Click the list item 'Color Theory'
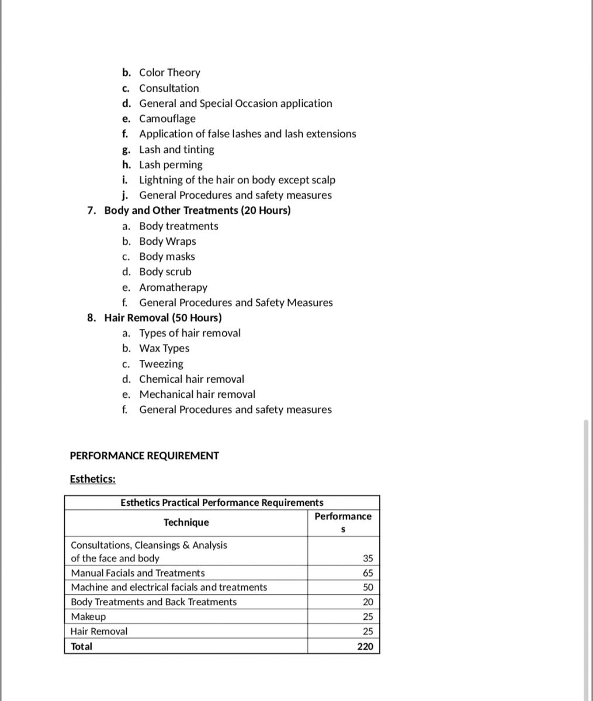(169, 72)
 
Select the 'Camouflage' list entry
(167, 119)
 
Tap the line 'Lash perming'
(171, 165)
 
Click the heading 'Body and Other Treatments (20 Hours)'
(197, 210)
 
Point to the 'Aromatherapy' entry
(173, 287)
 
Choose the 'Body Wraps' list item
(167, 241)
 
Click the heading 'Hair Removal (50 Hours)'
(162, 318)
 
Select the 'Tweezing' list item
(161, 364)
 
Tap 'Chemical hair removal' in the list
(192, 379)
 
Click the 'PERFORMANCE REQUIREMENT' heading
(144, 456)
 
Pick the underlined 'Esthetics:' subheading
(92, 479)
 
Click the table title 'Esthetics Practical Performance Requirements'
(221, 502)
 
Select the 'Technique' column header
(186, 522)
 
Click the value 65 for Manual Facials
(367, 573)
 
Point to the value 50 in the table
(367, 588)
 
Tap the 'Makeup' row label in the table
(88, 617)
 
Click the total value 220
(365, 647)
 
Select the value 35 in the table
(367, 558)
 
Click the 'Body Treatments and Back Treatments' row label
(154, 602)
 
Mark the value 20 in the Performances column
(367, 602)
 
